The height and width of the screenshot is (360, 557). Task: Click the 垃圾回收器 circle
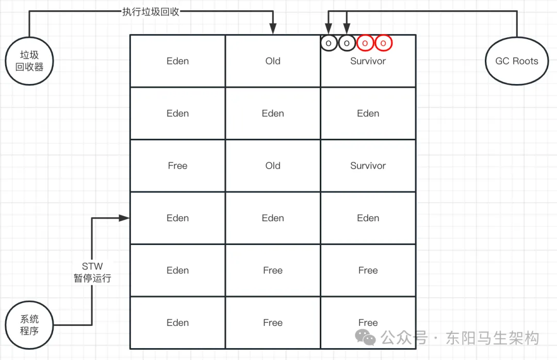pyautogui.click(x=29, y=61)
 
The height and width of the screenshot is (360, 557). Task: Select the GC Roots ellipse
pyautogui.click(x=516, y=61)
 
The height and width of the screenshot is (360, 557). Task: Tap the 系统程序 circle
pyautogui.click(x=29, y=325)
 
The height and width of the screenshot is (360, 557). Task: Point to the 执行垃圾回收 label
pyautogui.click(x=151, y=12)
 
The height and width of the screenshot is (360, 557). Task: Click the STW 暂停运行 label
pyautogui.click(x=92, y=272)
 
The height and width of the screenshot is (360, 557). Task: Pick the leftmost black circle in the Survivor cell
pyautogui.click(x=329, y=43)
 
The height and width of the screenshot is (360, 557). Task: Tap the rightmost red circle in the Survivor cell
pyautogui.click(x=383, y=43)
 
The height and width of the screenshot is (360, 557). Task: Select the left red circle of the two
pyautogui.click(x=365, y=43)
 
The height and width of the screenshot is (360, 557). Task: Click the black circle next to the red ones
pyautogui.click(x=347, y=43)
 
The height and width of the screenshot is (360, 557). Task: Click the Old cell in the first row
pyautogui.click(x=273, y=61)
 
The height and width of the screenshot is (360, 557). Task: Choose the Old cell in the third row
pyautogui.click(x=273, y=166)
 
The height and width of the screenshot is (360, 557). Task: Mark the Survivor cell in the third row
pyautogui.click(x=368, y=166)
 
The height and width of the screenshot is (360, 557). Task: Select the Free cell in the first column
pyautogui.click(x=177, y=166)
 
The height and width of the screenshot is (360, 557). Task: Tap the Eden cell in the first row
pyautogui.click(x=177, y=61)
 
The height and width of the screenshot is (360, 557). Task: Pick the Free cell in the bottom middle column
pyautogui.click(x=273, y=322)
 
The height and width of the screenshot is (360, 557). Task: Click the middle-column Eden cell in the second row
pyautogui.click(x=273, y=113)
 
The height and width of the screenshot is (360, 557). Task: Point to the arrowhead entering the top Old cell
pyautogui.click(x=273, y=30)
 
